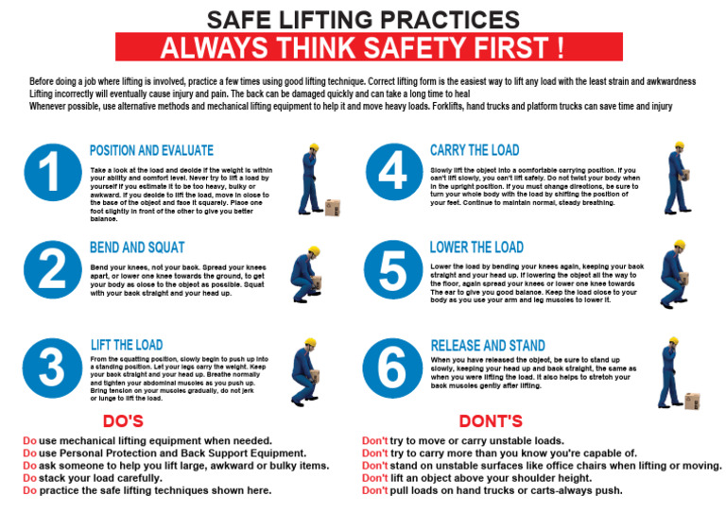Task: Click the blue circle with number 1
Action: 52,175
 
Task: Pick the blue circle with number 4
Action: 392,175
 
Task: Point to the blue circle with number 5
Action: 392,270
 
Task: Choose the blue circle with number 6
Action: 392,367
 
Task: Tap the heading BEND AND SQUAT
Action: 137,248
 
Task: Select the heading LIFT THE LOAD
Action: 127,345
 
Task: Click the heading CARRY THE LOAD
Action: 475,150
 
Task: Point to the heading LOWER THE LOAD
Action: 476,248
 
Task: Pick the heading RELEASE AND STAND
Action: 487,345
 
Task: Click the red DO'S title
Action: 123,420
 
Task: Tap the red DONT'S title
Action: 491,420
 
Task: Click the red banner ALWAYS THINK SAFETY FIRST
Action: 369,47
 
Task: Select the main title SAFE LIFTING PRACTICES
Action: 363,19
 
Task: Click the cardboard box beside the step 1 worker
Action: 332,208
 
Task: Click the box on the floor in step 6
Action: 692,401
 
